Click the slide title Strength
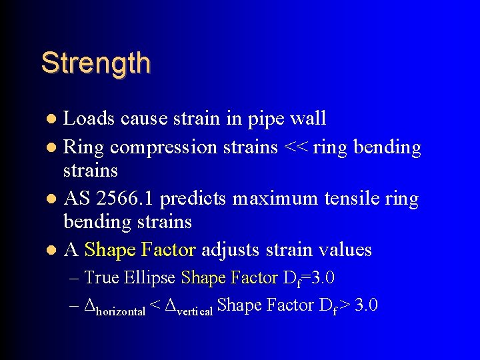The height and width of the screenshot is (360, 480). coord(95,63)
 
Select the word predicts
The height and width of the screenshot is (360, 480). coord(192,199)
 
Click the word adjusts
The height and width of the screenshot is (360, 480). coord(229,251)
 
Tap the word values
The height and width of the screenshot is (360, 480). coord(344,249)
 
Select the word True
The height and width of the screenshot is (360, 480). coord(102,277)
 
